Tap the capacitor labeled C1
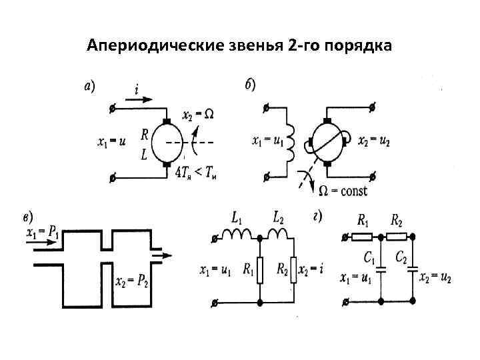click(381, 269)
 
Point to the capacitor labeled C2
click(413, 269)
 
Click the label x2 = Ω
click(199, 114)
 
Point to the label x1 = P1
click(41, 233)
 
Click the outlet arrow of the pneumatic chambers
click(161, 254)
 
